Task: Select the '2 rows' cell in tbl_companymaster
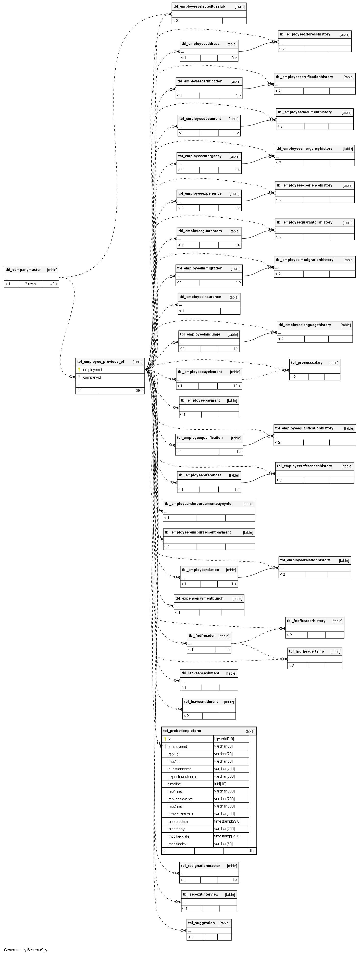[30, 284]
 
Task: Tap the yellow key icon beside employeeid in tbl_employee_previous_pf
[79, 370]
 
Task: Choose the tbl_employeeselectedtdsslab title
[199, 6]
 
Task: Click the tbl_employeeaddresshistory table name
[305, 34]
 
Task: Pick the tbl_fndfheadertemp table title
[306, 651]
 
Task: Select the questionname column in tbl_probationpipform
[180, 769]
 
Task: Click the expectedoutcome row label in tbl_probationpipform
[183, 776]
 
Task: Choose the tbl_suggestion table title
[201, 923]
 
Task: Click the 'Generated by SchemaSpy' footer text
[26, 950]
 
